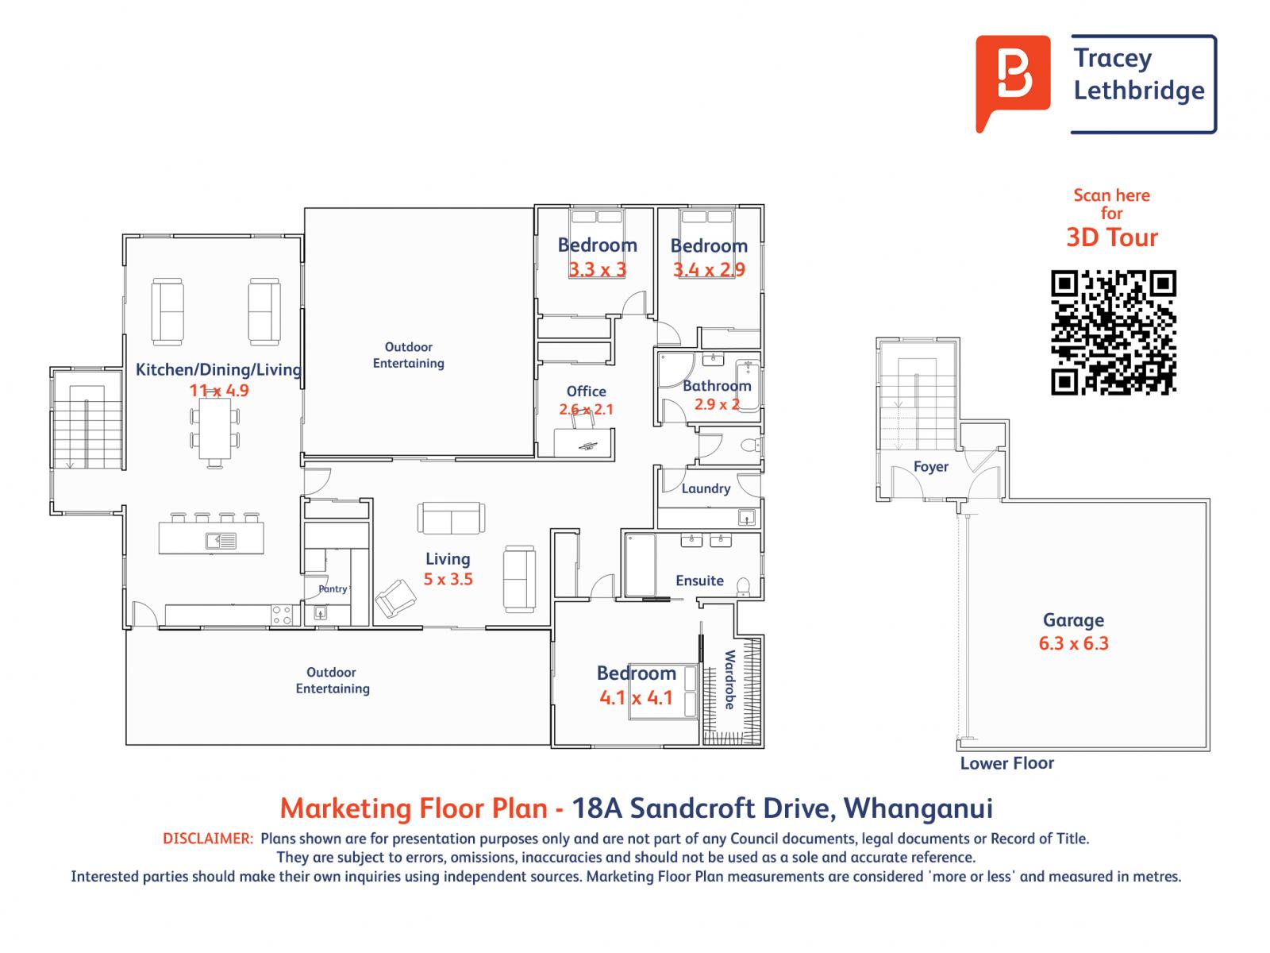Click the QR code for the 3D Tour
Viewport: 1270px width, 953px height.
(x=1113, y=332)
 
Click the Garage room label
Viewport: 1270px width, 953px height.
(x=1073, y=620)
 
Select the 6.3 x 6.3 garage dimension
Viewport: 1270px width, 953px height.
(x=1073, y=643)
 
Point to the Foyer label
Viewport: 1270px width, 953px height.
(x=930, y=467)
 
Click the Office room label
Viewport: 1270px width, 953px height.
(x=586, y=392)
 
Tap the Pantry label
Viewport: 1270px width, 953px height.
(x=333, y=588)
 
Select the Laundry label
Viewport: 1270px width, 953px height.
(x=706, y=488)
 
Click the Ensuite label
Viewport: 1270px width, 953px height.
(x=699, y=581)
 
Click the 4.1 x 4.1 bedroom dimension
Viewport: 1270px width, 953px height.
(x=636, y=698)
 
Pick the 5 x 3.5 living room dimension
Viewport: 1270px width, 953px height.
(x=448, y=579)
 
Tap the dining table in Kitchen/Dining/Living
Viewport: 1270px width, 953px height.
(x=215, y=430)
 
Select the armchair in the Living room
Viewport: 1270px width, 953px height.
(x=395, y=598)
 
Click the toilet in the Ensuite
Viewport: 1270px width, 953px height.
(x=743, y=587)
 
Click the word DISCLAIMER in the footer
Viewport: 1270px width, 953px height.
(x=208, y=839)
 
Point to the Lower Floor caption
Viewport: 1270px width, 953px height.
(x=1006, y=763)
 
